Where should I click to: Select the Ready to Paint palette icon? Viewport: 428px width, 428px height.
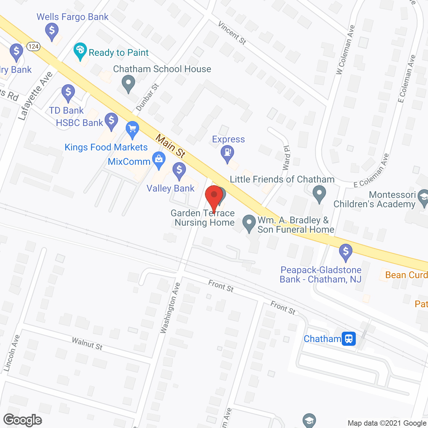80,50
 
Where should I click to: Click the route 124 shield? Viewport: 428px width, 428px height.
33,46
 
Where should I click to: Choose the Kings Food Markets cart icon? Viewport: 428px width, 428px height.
132,129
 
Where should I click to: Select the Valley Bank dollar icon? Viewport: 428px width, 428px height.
179,170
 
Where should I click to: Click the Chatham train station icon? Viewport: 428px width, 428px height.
349,339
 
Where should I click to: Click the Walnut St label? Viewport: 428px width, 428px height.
87,344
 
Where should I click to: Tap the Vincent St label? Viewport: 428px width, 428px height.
232,33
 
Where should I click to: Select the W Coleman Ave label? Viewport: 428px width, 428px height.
346,50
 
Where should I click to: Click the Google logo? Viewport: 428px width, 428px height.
23,420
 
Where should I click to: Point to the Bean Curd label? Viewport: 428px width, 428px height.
406,275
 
